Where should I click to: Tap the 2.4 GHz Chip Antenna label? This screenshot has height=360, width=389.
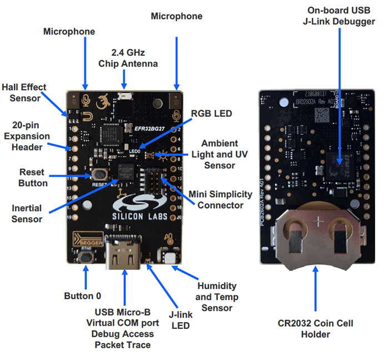click(x=128, y=58)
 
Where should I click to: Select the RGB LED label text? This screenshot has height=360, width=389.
click(x=211, y=114)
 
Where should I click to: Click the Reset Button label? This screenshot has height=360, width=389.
click(x=33, y=177)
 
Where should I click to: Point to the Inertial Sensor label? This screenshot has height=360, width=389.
click(x=27, y=214)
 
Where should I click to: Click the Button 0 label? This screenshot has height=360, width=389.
click(x=86, y=295)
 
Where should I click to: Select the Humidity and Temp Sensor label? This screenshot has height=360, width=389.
click(x=217, y=297)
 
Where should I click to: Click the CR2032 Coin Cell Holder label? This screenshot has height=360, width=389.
click(x=315, y=329)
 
